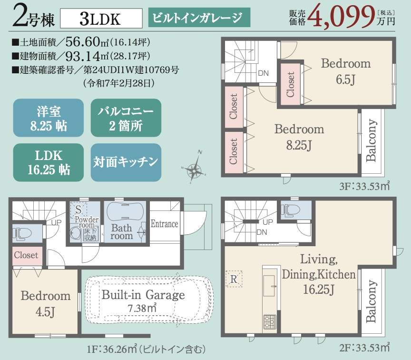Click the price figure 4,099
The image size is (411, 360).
click(x=341, y=16)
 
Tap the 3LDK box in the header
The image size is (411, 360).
click(x=101, y=19)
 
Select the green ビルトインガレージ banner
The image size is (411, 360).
click(x=199, y=18)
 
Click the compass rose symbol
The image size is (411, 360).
click(x=194, y=168)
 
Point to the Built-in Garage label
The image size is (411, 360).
click(x=143, y=295)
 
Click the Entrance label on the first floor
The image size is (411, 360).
click(x=164, y=224)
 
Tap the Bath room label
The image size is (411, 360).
click(x=121, y=232)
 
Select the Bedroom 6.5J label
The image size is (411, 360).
click(x=346, y=71)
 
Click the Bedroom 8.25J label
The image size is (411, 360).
click(x=299, y=137)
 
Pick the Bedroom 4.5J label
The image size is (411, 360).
click(x=46, y=304)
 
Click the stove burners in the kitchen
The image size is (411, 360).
click(x=270, y=321)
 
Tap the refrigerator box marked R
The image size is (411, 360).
click(x=234, y=279)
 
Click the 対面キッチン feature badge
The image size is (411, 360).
click(x=126, y=162)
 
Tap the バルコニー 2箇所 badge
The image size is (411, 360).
click(x=126, y=118)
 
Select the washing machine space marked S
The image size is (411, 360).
click(x=78, y=209)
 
